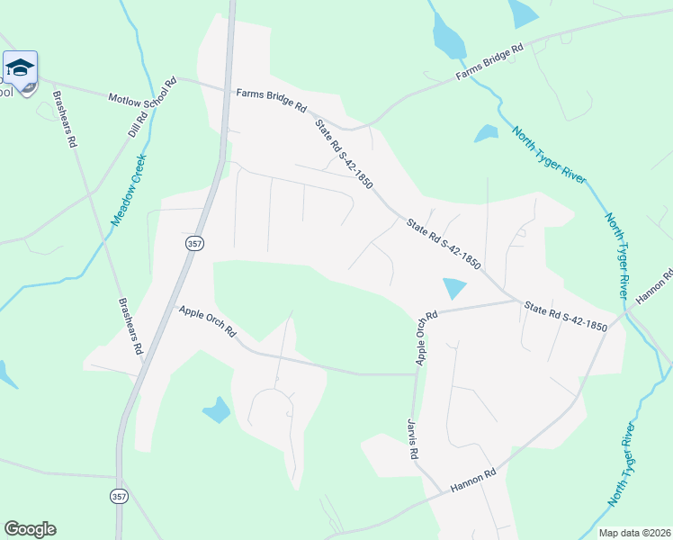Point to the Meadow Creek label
tap(129, 188)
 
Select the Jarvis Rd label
tap(413, 439)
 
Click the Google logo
tap(30, 529)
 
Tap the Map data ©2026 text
tap(633, 533)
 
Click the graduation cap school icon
tap(20, 68)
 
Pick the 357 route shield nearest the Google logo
tap(119, 496)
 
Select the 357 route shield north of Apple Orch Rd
tap(194, 244)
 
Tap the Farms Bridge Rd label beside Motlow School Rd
tap(272, 99)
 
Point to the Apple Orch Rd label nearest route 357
tap(208, 321)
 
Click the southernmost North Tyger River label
tap(626, 463)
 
